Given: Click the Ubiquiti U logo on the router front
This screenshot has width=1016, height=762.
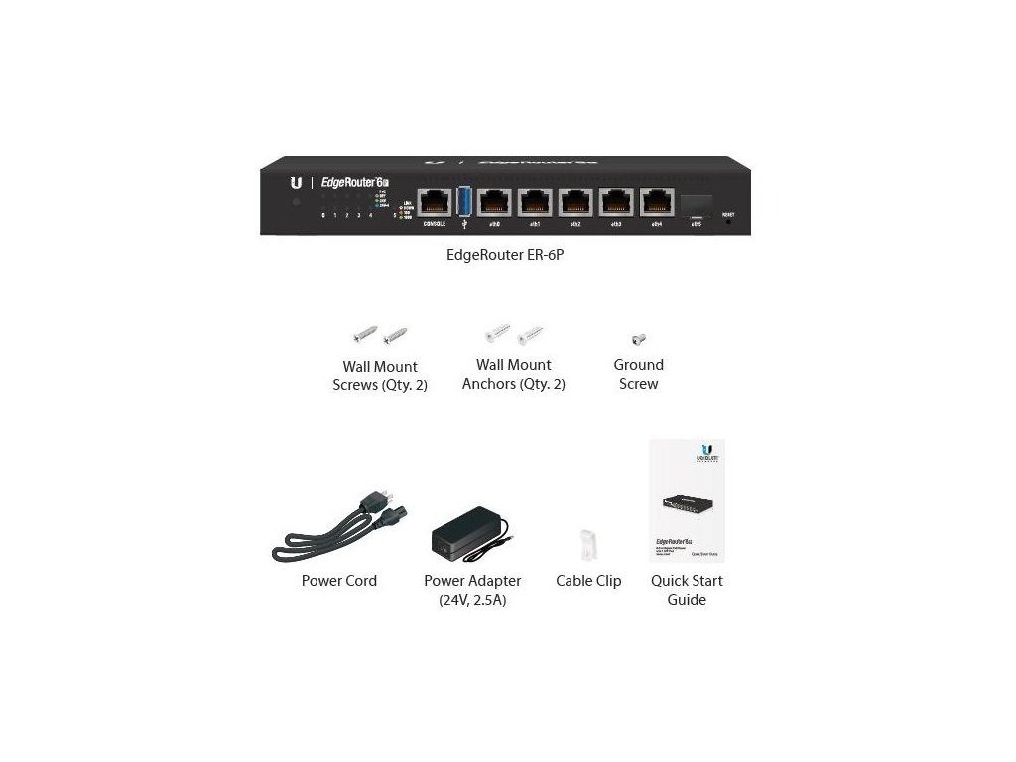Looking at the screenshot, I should click(x=296, y=183).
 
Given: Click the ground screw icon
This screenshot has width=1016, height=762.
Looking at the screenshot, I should click(x=639, y=339).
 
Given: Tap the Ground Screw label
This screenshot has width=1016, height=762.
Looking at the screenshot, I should click(x=638, y=374).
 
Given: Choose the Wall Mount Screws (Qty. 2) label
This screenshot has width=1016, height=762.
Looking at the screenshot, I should click(x=380, y=376).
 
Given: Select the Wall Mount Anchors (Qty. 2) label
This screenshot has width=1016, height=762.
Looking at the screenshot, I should click(x=514, y=374).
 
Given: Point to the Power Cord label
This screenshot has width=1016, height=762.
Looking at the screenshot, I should click(x=339, y=581).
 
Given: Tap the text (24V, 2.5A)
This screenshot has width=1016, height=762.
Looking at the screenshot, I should click(x=472, y=600).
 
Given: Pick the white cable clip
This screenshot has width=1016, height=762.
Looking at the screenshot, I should click(x=588, y=545).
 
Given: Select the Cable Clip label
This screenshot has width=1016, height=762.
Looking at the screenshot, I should click(x=588, y=581).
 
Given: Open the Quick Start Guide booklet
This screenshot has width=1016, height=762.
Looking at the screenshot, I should click(x=687, y=500).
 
